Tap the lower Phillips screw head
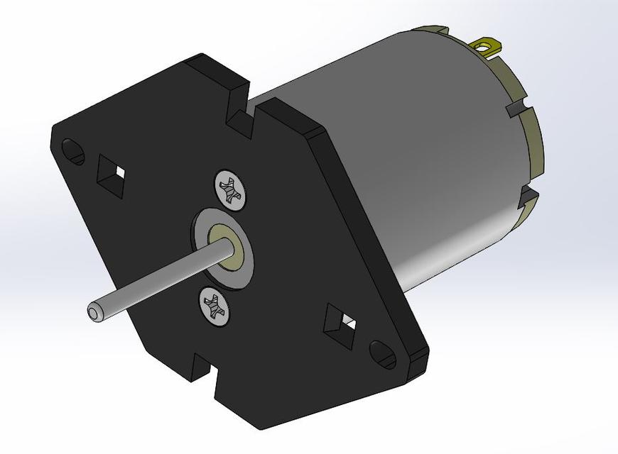[x=213, y=306]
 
